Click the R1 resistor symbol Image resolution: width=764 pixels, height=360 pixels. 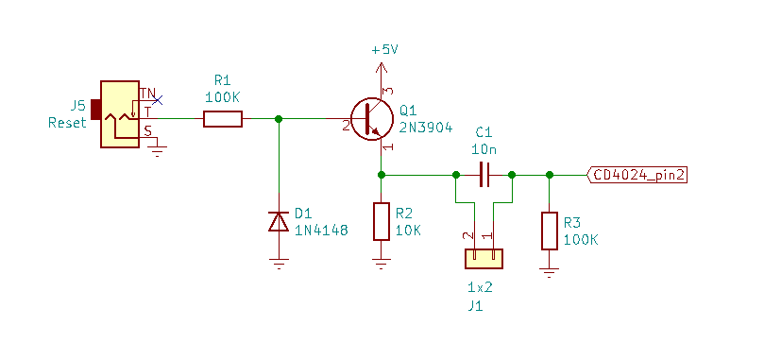(x=223, y=118)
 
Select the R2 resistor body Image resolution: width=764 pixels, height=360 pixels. (x=381, y=221)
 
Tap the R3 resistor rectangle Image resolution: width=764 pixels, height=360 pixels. (x=550, y=231)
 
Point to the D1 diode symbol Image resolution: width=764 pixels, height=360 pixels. (x=279, y=221)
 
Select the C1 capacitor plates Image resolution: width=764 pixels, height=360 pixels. (x=484, y=175)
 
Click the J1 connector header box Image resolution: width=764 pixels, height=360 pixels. (x=483, y=258)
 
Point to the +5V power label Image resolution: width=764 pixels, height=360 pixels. (x=385, y=50)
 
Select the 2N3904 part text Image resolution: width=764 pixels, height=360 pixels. (x=427, y=127)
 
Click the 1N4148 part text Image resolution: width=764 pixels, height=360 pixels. (x=322, y=229)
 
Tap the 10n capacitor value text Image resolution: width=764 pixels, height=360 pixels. (x=484, y=148)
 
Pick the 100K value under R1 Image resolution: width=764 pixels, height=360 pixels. (x=223, y=96)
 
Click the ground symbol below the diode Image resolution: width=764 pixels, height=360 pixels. (x=279, y=265)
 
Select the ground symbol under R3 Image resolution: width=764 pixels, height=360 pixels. (x=550, y=273)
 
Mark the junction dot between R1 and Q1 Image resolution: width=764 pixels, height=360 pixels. (x=279, y=118)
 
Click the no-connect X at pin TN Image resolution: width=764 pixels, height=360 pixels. (x=157, y=99)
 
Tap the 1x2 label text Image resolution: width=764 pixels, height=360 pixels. (x=480, y=286)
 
